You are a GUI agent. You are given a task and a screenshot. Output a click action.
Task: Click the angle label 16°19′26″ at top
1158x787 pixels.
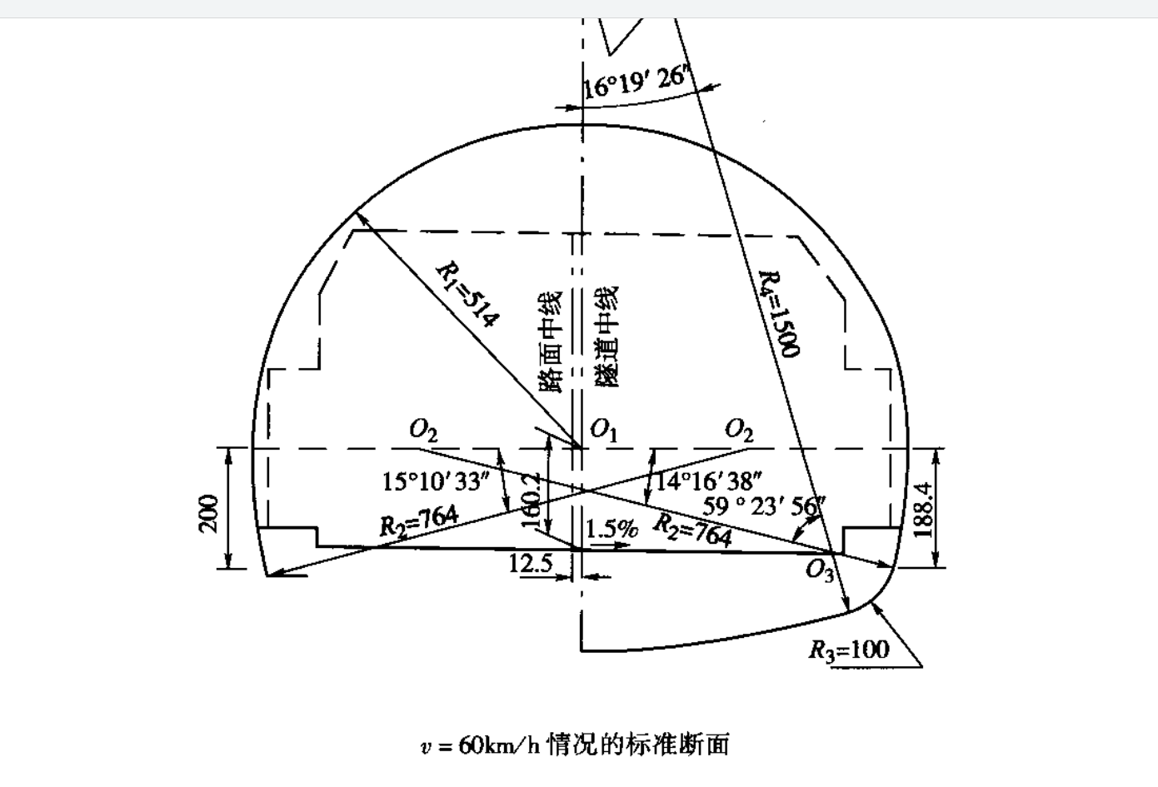634,82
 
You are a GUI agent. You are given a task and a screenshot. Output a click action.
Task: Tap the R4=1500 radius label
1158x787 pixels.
781,314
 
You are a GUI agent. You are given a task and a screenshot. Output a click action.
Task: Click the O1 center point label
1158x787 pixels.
603,430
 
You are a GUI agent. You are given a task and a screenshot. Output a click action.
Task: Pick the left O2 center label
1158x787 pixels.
423,430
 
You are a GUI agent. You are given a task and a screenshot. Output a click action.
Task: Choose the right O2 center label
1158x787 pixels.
739,430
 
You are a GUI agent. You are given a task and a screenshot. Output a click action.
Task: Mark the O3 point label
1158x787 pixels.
819,571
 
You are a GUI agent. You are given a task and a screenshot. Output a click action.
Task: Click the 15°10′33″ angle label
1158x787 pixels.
433,481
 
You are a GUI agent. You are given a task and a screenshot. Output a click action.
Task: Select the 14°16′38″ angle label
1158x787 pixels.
709,481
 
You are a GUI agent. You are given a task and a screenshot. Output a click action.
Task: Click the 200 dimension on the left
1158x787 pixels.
209,511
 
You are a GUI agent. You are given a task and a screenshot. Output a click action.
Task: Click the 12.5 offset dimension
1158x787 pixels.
531,564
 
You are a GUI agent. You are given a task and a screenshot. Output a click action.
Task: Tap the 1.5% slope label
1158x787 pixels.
611,529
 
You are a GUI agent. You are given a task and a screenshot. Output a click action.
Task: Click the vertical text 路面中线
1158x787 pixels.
551,341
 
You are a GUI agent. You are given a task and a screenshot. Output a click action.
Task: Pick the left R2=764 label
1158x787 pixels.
419,521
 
